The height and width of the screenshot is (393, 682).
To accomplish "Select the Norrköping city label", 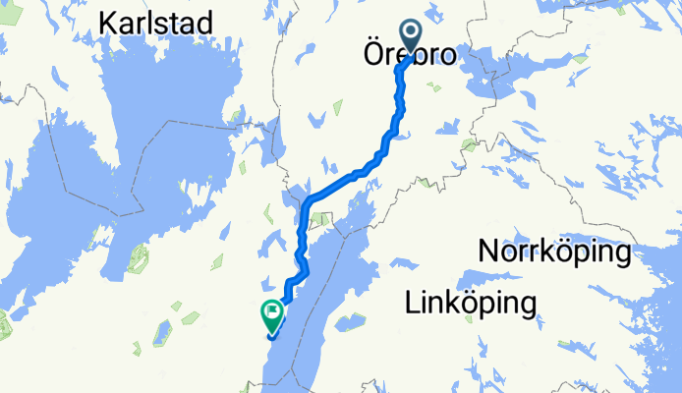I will point(554,253).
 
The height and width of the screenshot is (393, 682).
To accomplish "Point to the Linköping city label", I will point(471,304).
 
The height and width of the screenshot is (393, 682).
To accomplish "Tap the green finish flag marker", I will point(272,314).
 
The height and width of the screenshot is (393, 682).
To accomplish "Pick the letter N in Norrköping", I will point(487,253).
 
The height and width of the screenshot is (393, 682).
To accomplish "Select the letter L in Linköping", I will point(412,304).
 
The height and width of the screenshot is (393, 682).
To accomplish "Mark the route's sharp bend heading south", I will point(309,200).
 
